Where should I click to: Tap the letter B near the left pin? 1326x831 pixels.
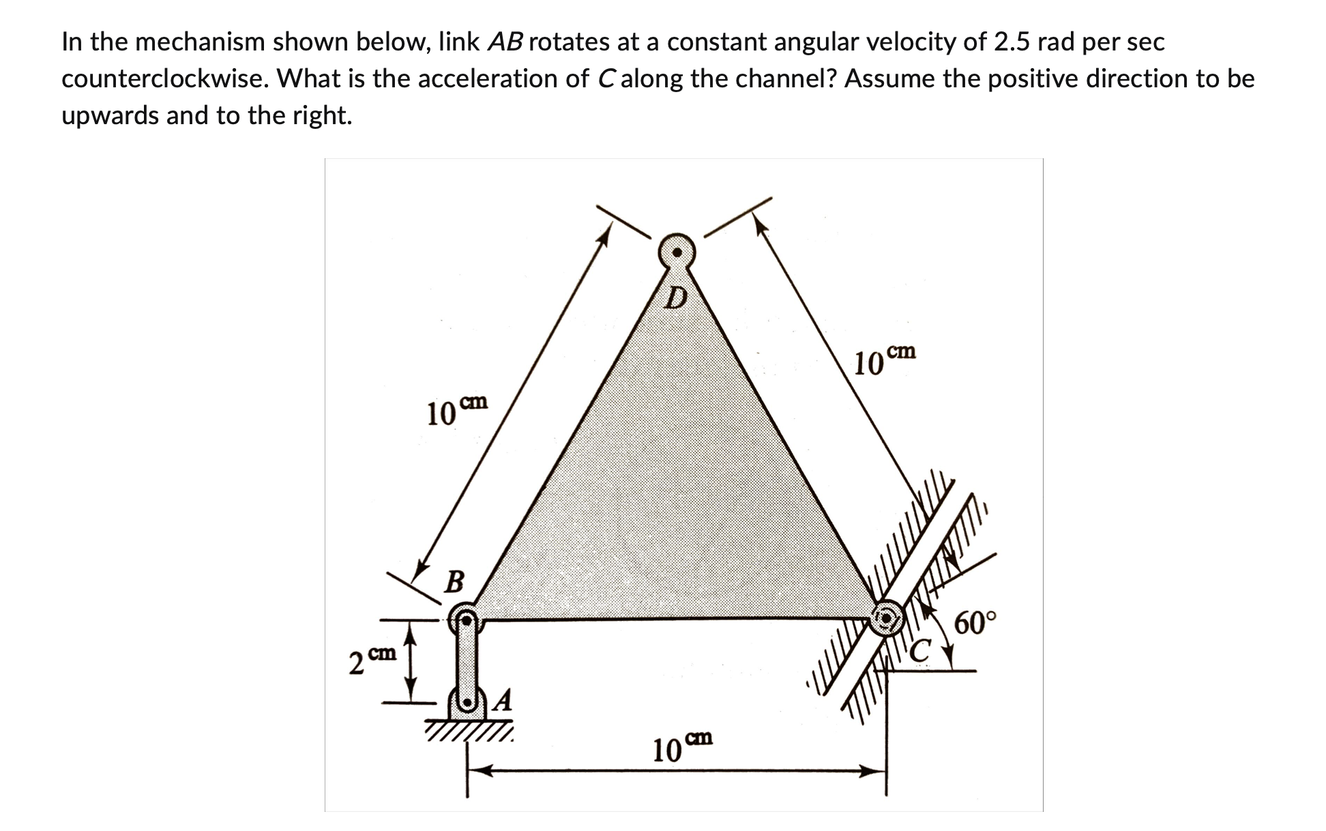(x=454, y=582)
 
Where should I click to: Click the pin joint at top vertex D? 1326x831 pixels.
(x=676, y=252)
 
